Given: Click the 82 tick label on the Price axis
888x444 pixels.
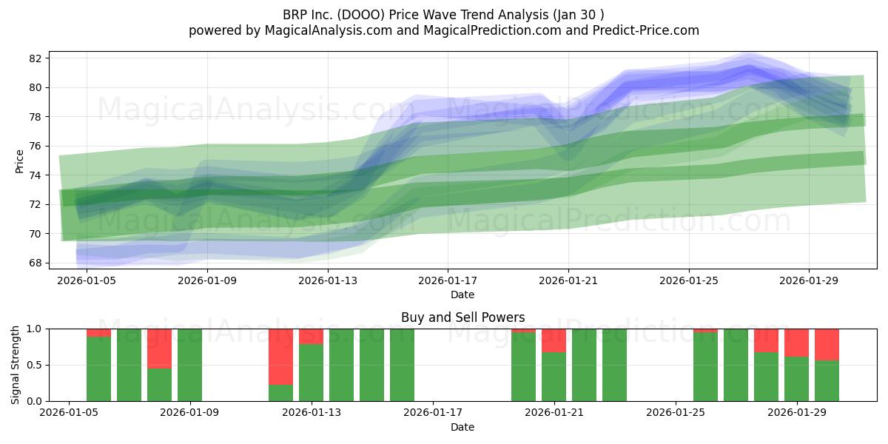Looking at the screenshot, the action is click(35, 58).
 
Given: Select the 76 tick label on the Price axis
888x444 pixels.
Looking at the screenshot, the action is click(35, 147).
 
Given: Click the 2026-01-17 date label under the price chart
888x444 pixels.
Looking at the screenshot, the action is click(448, 280).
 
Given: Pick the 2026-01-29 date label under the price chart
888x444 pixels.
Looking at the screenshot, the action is click(809, 280).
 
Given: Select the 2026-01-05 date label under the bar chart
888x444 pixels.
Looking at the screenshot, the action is click(69, 413).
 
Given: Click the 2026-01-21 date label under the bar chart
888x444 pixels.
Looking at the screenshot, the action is click(554, 413).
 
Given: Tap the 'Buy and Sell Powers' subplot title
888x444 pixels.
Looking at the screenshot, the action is click(462, 317).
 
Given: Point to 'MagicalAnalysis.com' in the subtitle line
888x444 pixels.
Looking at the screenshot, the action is click(329, 30).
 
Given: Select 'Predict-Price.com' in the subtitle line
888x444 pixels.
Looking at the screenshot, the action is click(646, 30).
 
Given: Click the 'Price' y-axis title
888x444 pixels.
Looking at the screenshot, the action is click(19, 162).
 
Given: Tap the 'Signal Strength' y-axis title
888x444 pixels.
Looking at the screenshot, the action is click(15, 365).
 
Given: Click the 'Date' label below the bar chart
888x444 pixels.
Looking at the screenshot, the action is click(462, 427).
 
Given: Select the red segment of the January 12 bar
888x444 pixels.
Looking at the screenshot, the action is click(280, 357).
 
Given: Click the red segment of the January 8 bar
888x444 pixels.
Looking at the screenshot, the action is click(159, 349).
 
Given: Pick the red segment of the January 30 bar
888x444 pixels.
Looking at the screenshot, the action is click(827, 345).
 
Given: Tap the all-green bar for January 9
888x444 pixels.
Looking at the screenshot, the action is click(189, 365).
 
